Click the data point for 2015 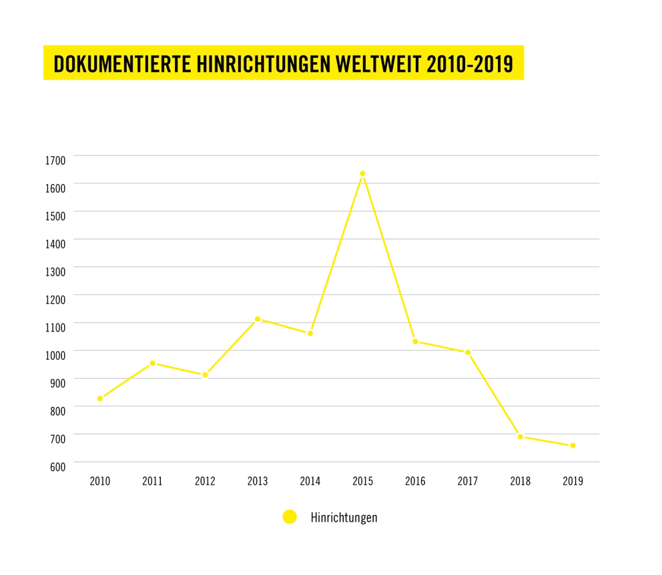[362, 173]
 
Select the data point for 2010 [100, 399]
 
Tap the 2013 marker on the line [258, 318]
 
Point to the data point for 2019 [573, 445]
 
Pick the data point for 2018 [521, 436]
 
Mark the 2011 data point [153, 363]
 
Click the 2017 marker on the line [468, 352]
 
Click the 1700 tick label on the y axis [55, 160]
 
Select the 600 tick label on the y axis [57, 466]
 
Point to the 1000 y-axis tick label [55, 355]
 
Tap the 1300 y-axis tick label [55, 271]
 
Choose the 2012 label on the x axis [205, 481]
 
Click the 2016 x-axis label [415, 481]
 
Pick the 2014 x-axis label [310, 481]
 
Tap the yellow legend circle [290, 517]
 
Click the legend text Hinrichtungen [344, 518]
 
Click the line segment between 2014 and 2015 [336, 253]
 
